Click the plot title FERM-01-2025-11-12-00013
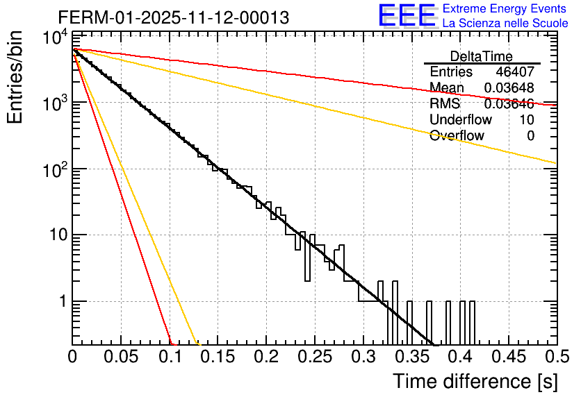[173, 17]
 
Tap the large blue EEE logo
[407, 15]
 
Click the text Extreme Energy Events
[505, 9]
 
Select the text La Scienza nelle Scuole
[505, 23]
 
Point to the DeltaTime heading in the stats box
[482, 56]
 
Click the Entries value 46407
[515, 71]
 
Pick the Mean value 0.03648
[509, 87]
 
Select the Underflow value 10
[527, 120]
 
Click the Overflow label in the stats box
[457, 136]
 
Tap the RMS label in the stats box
[445, 104]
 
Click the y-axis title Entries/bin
[16, 78]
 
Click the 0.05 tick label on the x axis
[121, 357]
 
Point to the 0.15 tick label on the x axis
[218, 357]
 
